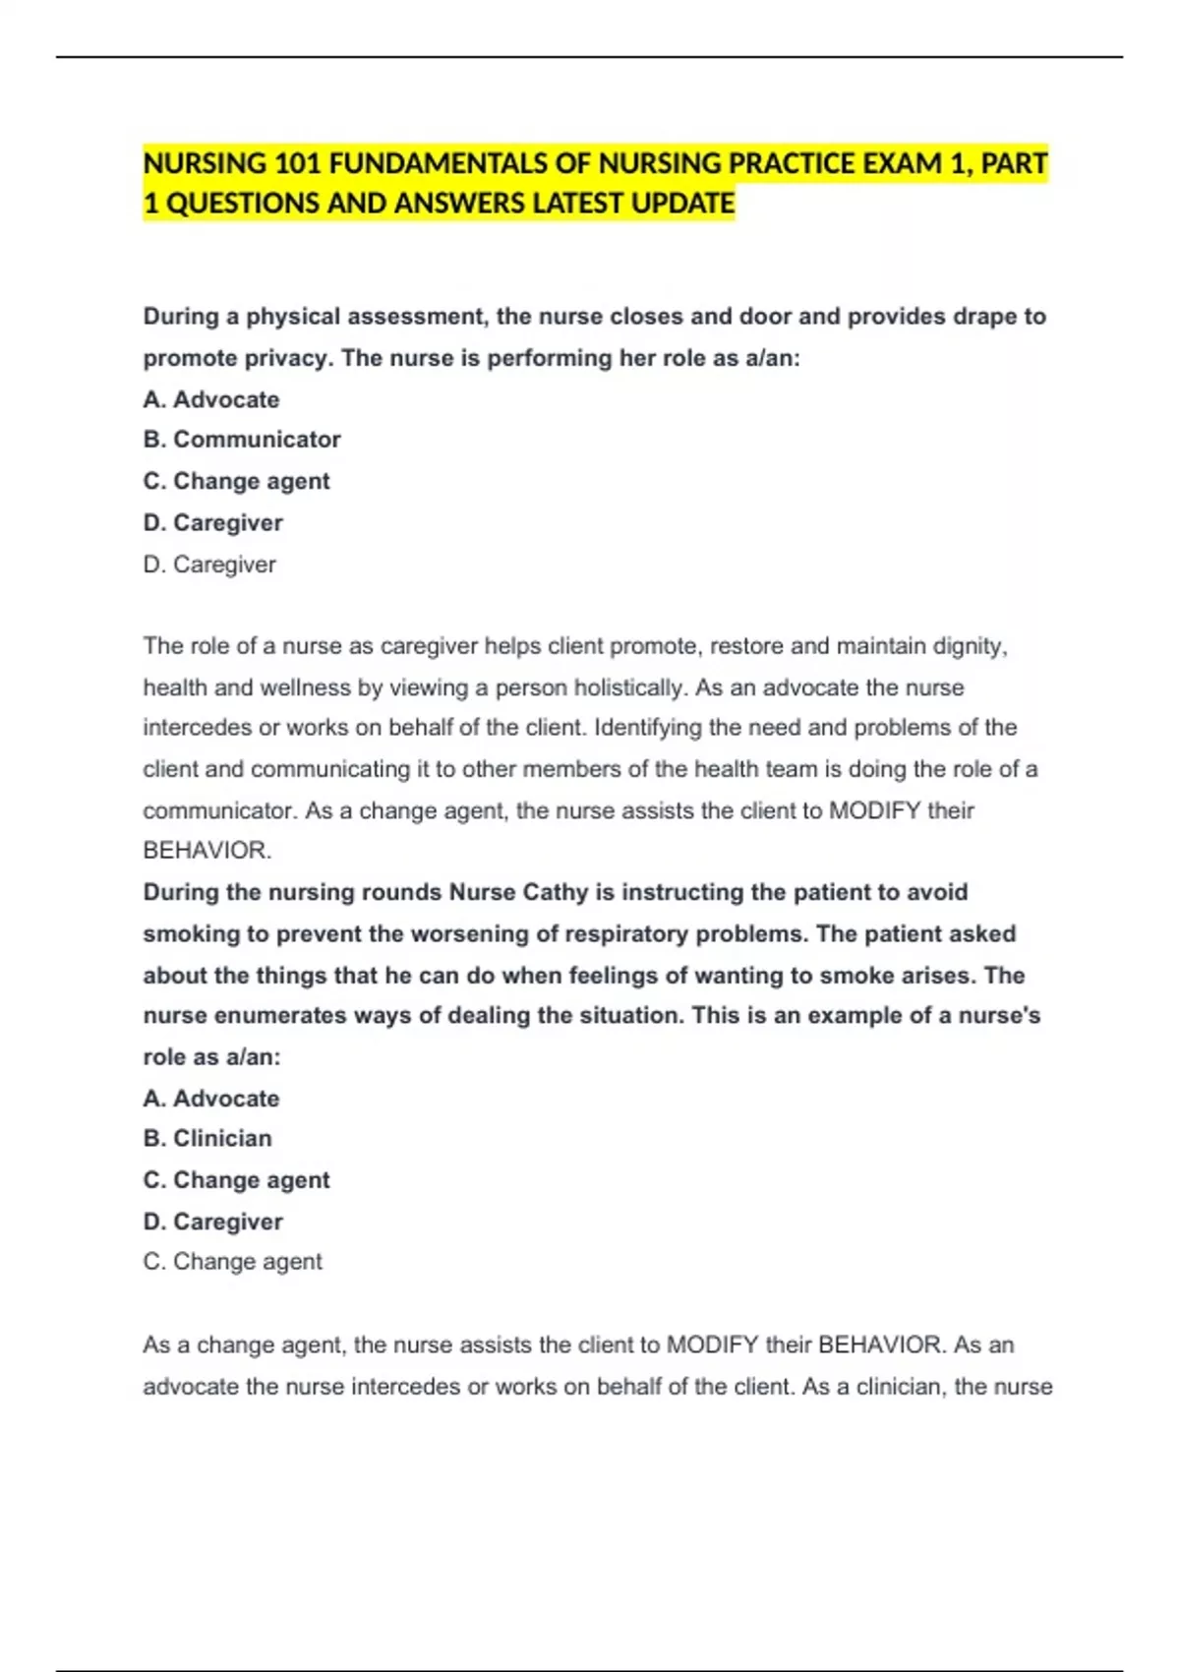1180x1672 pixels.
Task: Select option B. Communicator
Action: (x=242, y=440)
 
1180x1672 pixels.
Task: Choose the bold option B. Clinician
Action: (x=207, y=1138)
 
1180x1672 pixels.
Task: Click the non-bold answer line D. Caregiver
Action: (x=209, y=565)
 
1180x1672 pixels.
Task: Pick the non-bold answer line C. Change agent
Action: (x=232, y=1262)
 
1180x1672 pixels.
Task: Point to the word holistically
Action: (x=629, y=687)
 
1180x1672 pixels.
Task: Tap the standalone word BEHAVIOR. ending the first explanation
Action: (x=206, y=851)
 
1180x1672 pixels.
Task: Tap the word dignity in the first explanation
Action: (x=969, y=646)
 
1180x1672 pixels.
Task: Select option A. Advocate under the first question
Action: (x=211, y=399)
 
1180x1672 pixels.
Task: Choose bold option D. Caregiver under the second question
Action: (x=212, y=1222)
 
